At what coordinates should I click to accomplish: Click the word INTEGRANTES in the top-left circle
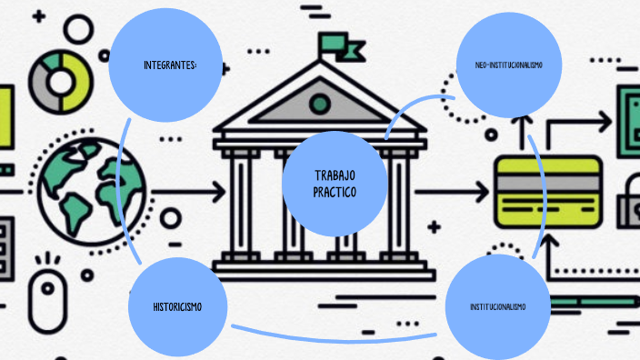click(170, 65)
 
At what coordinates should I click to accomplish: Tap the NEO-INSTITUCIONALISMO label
click(508, 65)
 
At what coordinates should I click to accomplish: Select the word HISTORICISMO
click(177, 306)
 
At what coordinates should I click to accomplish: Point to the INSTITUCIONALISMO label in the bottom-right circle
click(497, 306)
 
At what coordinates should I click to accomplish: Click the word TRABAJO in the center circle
click(335, 175)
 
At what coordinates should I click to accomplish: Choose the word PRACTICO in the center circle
click(335, 192)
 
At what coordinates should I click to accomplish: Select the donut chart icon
click(61, 81)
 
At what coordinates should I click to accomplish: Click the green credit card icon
click(548, 191)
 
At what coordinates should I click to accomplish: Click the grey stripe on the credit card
click(548, 181)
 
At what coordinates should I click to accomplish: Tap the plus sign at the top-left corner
click(38, 17)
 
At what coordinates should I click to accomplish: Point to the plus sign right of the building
click(434, 225)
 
